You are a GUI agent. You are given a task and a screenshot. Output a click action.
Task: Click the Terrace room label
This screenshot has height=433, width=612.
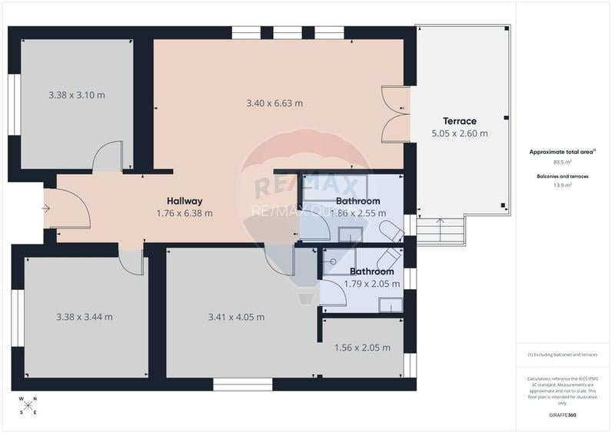click(x=459, y=121)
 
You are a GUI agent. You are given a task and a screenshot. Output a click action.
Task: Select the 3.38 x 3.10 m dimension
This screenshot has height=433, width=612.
click(x=76, y=95)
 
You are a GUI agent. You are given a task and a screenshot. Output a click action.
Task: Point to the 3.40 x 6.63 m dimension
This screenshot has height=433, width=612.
click(x=274, y=103)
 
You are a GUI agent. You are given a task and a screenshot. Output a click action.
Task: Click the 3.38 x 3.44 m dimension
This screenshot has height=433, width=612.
click(x=84, y=316)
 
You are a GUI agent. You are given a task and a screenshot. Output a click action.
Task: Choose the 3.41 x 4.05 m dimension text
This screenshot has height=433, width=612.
click(x=236, y=316)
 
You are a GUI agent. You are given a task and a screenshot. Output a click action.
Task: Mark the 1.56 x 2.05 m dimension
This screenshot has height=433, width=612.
click(x=362, y=348)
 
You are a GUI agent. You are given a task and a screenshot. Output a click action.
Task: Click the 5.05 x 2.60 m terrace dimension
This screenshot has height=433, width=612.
click(x=459, y=133)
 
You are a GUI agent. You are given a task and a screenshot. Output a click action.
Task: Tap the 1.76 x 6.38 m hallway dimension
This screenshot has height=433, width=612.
click(x=184, y=213)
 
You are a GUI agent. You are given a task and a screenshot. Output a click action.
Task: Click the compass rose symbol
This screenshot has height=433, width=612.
click(x=28, y=405)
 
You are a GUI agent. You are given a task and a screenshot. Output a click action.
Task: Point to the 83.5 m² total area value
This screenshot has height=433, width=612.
click(x=564, y=162)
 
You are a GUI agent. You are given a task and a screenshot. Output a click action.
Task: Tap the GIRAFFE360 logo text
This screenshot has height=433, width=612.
click(x=564, y=415)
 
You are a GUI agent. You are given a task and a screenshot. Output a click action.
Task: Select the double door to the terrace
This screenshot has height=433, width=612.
click(x=396, y=115)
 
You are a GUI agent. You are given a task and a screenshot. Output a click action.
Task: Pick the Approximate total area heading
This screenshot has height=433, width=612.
click(x=563, y=152)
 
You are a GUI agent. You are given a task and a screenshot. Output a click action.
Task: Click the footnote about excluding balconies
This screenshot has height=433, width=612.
click(x=563, y=355)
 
